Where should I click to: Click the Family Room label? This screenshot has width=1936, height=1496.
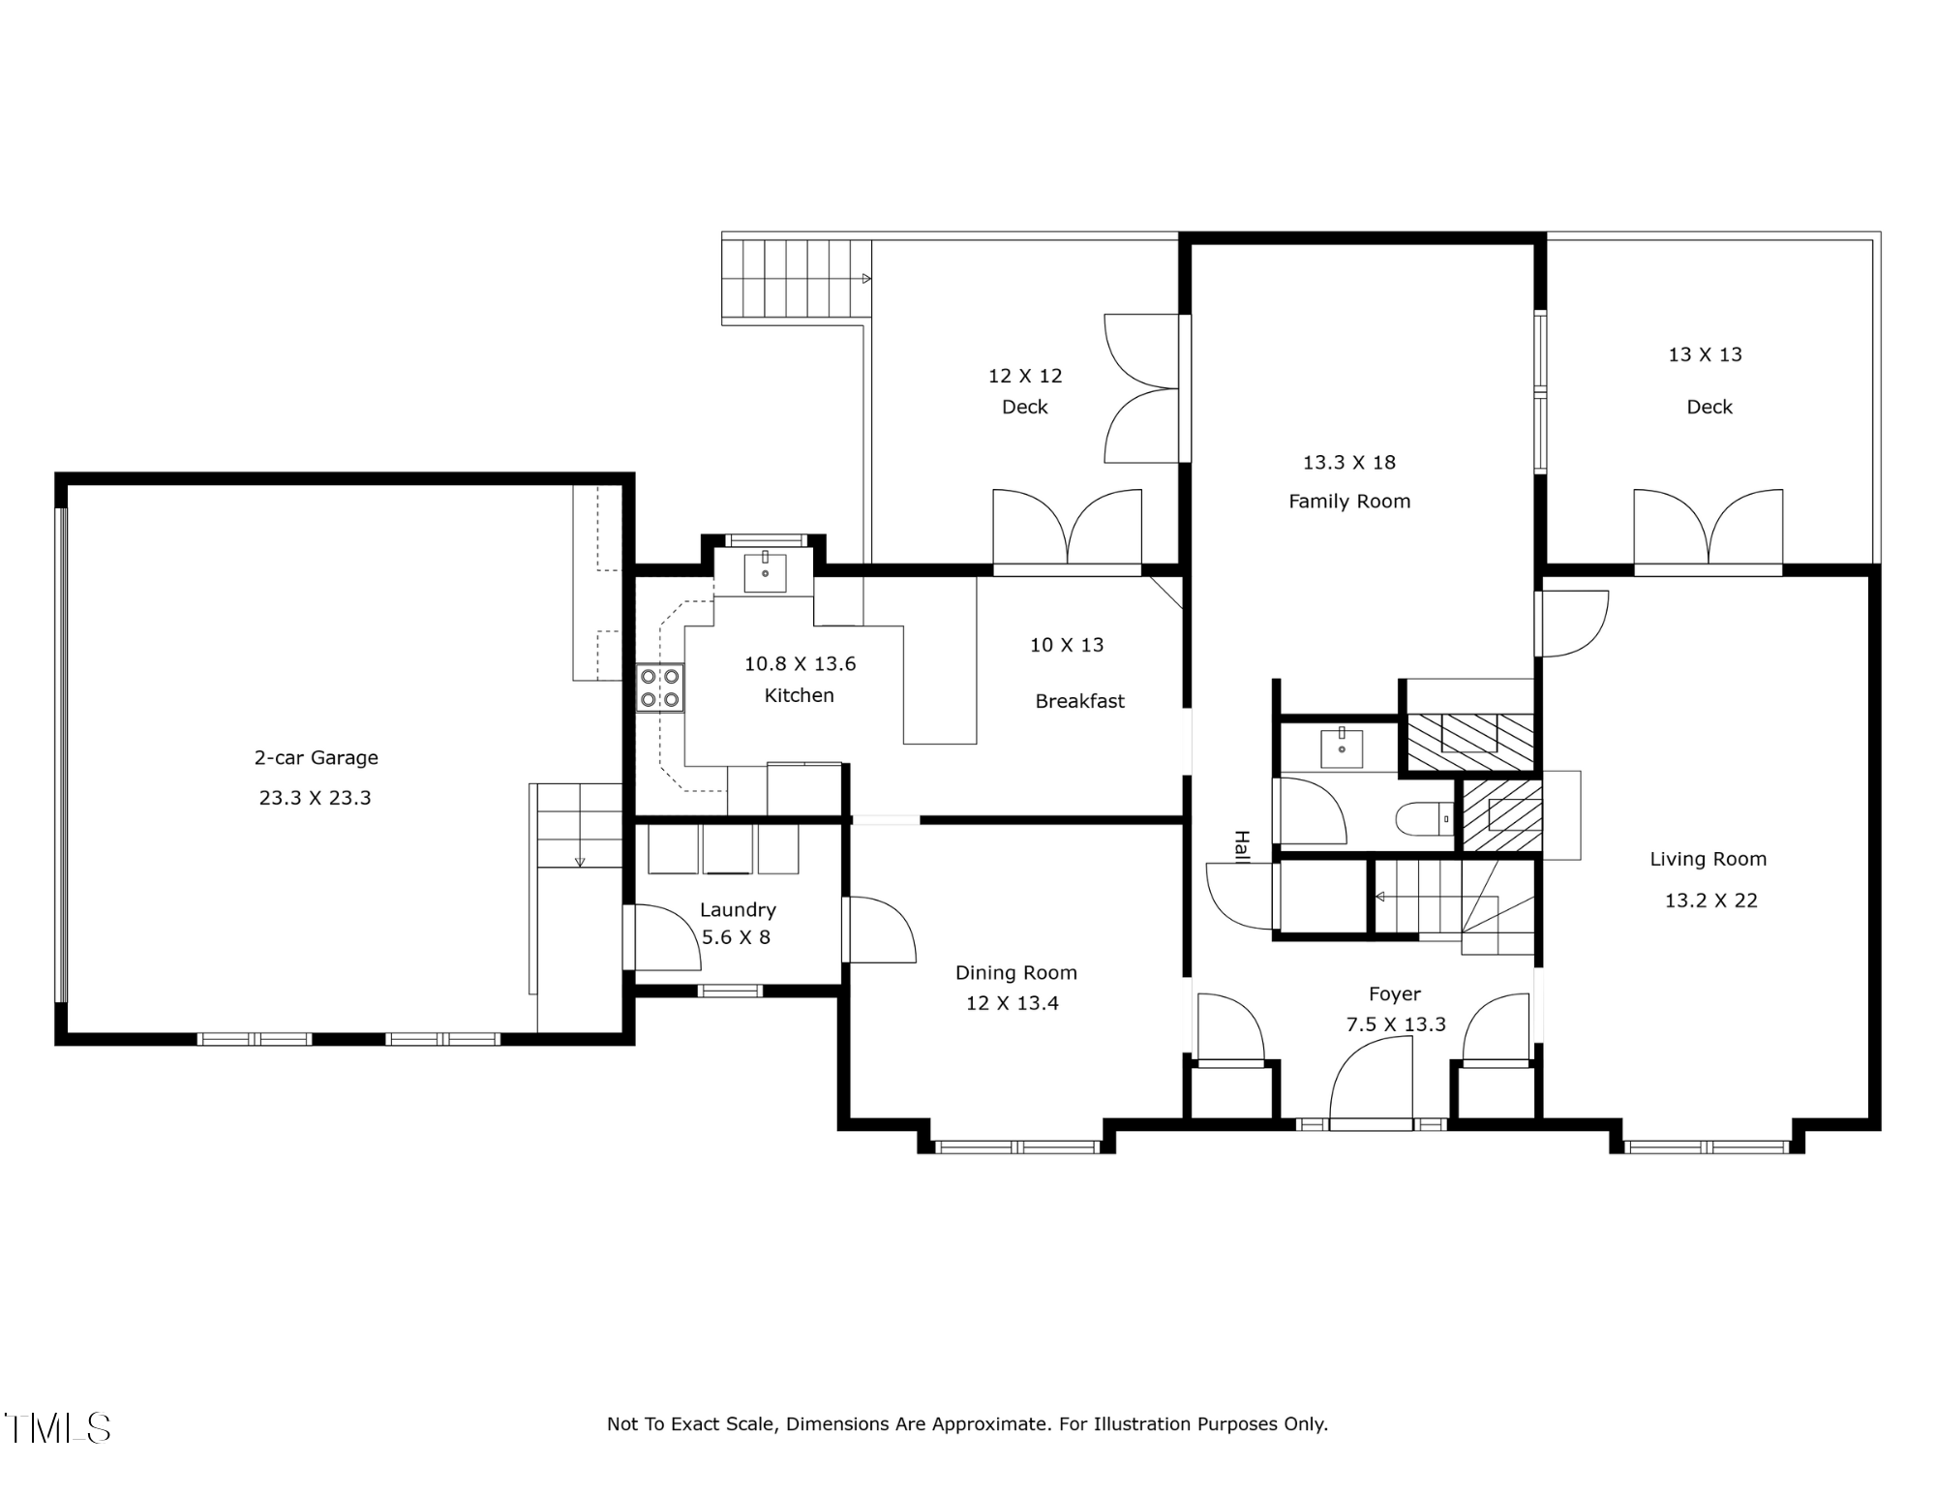click(x=1349, y=502)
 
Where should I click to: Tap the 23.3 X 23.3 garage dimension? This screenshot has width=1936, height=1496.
click(x=316, y=798)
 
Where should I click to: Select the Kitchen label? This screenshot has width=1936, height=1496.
click(x=800, y=695)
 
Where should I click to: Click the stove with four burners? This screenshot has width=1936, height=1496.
click(x=659, y=687)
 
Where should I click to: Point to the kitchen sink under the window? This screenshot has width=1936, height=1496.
click(x=765, y=573)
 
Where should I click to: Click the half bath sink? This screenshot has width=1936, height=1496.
click(x=1342, y=748)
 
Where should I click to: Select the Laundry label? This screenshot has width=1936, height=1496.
click(x=738, y=910)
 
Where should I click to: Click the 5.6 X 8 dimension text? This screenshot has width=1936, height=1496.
click(x=736, y=937)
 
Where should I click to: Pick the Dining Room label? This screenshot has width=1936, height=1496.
click(x=1016, y=973)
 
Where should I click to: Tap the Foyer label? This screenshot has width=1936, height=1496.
click(x=1395, y=994)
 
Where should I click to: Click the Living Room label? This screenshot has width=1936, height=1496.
click(x=1709, y=860)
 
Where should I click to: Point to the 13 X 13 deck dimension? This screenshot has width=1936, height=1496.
click(x=1706, y=355)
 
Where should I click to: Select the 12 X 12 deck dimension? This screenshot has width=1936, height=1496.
click(x=1025, y=376)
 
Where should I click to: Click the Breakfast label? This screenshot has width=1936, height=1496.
click(x=1080, y=701)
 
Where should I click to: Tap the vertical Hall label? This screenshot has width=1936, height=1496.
click(x=1242, y=845)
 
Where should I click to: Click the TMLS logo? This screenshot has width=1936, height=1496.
click(x=58, y=1428)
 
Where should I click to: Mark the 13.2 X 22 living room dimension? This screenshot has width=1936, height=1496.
click(x=1711, y=901)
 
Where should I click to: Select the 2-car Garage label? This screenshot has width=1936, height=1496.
click(x=317, y=758)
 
